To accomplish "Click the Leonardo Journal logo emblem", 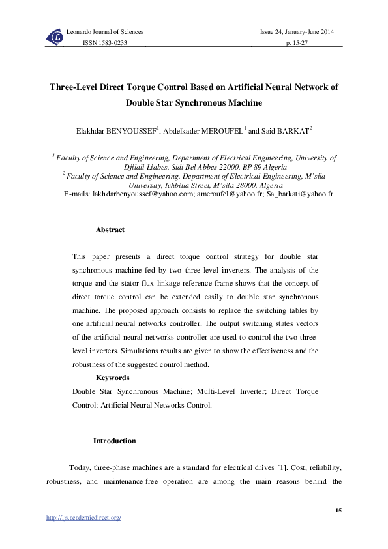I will point(55,38).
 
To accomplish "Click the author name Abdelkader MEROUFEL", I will point(202,130).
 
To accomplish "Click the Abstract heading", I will point(110,230).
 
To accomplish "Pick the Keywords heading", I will point(112,378).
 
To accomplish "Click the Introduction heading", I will point(114,441).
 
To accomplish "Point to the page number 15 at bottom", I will point(338,509).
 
